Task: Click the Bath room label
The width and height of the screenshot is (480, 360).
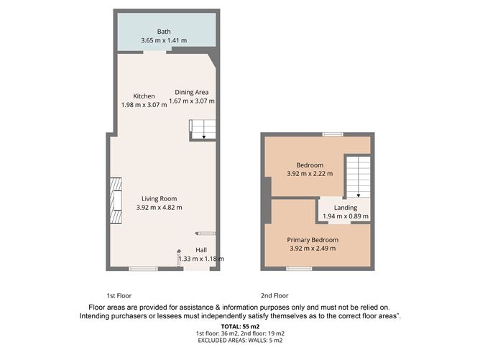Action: point(164,32)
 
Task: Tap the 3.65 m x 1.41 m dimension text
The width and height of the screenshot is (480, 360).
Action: point(164,40)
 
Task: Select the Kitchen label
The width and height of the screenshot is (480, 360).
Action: point(144,96)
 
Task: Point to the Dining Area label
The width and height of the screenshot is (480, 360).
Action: point(192,92)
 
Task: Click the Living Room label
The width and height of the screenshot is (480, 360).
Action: point(160,198)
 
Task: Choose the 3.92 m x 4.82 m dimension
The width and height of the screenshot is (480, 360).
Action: point(160,207)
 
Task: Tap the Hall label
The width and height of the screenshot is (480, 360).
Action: point(201,250)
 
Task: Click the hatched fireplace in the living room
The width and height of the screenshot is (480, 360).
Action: point(116,200)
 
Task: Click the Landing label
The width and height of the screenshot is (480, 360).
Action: point(346,208)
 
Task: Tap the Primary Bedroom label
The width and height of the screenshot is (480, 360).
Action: point(313,240)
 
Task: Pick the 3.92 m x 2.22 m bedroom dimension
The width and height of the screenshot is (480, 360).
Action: point(310,174)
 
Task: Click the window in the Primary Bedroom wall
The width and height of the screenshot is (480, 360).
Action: point(299,269)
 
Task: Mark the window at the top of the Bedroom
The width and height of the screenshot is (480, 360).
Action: point(333,134)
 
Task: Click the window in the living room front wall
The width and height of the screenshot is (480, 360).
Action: point(143,269)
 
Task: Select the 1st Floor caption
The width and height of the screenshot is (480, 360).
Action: point(119,296)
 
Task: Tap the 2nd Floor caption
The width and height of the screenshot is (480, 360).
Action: point(274,296)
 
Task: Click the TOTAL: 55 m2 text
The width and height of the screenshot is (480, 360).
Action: point(240,327)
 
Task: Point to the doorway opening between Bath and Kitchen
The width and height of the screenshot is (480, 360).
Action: point(155,52)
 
